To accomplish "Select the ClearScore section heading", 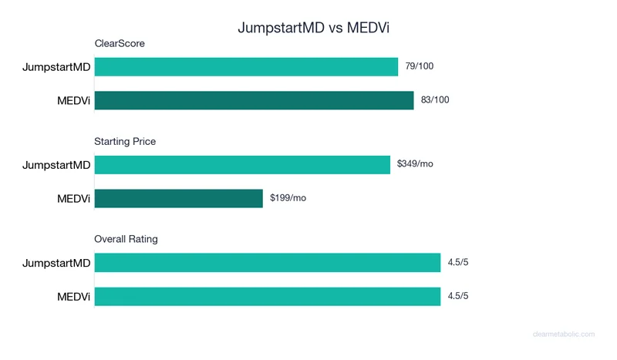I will pos(120,44).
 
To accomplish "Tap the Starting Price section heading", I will pos(125,142).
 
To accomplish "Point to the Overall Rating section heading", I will pos(126,240).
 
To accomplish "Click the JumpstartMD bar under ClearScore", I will pos(246,67).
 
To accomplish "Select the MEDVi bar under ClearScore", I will pos(254,100).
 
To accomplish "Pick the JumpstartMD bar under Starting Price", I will pos(242,165).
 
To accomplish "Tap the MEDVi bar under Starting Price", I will pos(179,198).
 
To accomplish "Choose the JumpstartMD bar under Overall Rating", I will pos(267,263).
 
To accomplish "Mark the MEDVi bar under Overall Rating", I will pos(267,296).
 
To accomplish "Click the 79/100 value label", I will pos(420,66).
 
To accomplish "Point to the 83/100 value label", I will pos(435,100).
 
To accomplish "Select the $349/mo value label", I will pos(415,164).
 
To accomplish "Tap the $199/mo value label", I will pos(288,198).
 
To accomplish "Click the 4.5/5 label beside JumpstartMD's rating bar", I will pos(458,263).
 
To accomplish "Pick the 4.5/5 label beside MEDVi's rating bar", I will pos(458,296).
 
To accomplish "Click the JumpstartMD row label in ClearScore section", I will pos(56,67).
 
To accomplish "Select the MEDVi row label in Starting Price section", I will pos(74,198).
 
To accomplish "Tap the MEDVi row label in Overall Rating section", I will pos(74,296).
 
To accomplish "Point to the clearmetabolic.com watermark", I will pos(564,335).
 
